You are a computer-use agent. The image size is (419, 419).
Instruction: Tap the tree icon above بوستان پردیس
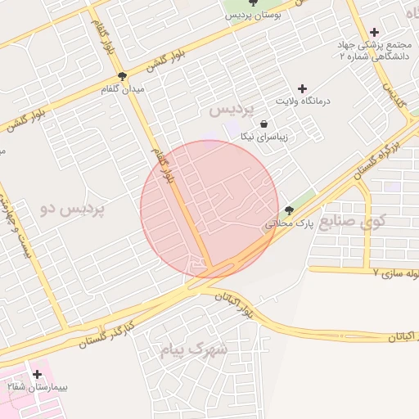click(x=261, y=5)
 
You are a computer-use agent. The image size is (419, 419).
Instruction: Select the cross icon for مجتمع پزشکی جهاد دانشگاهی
click(x=376, y=31)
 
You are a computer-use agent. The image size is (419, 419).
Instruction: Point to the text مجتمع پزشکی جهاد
click(x=372, y=44)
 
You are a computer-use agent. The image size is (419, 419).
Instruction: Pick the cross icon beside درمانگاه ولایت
click(x=302, y=88)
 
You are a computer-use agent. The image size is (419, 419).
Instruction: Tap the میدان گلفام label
click(x=121, y=88)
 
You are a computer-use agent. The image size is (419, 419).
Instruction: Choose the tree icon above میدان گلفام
click(x=123, y=77)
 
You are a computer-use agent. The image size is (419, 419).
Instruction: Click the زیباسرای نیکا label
click(x=260, y=137)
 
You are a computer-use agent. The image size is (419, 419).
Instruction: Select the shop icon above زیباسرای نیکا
click(x=264, y=124)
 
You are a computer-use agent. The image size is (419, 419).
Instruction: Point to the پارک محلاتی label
click(x=286, y=222)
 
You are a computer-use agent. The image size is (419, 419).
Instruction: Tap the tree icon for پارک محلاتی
click(x=288, y=210)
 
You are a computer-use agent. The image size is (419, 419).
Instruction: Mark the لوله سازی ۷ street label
click(x=396, y=272)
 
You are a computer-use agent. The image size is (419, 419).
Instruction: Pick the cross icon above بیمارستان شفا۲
click(x=37, y=374)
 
